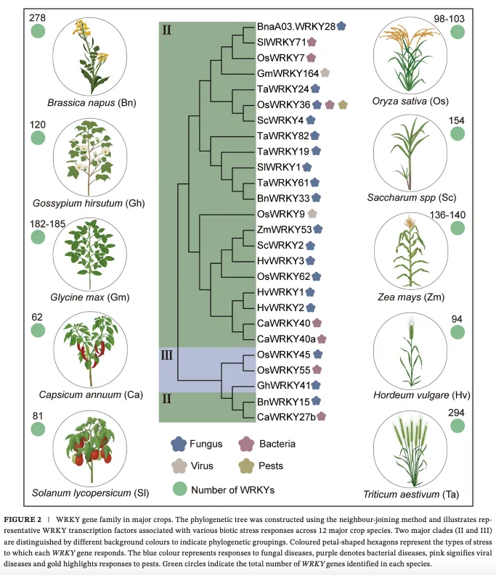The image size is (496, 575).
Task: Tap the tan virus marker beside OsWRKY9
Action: click(x=312, y=215)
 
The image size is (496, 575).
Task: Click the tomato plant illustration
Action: click(x=92, y=449)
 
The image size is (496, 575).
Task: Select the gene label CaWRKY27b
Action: click(x=286, y=416)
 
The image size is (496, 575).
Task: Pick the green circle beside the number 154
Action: click(x=458, y=134)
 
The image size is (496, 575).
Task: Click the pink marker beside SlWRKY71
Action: click(x=312, y=42)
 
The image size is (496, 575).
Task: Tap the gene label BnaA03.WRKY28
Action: click(x=296, y=26)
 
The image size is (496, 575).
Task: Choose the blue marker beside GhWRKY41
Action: click(x=317, y=385)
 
